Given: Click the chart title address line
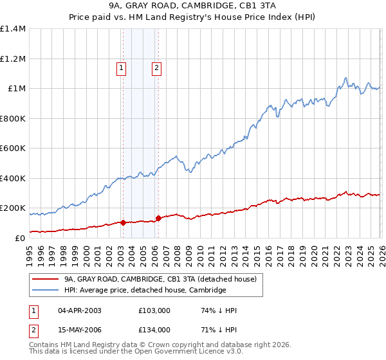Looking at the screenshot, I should click(x=193, y=6).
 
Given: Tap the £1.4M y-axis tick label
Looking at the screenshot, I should click(x=13, y=29).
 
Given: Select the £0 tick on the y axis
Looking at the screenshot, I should click(x=21, y=238).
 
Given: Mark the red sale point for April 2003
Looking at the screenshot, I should click(x=123, y=222).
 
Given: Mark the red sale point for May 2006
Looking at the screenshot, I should click(x=158, y=218).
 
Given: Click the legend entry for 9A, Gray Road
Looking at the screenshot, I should click(x=160, y=279).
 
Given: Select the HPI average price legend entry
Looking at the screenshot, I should click(x=145, y=290).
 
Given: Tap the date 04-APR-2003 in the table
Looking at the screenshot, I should click(x=80, y=310).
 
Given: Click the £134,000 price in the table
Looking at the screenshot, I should click(x=154, y=330).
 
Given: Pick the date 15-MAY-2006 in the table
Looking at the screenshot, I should click(x=80, y=330).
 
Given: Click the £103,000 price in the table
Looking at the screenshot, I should click(x=154, y=310).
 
